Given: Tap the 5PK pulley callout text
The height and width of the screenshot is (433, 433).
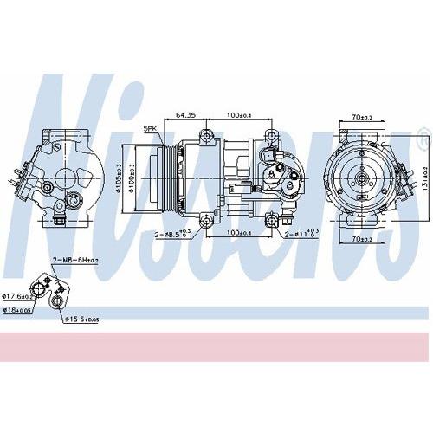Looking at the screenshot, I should [x=151, y=129].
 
